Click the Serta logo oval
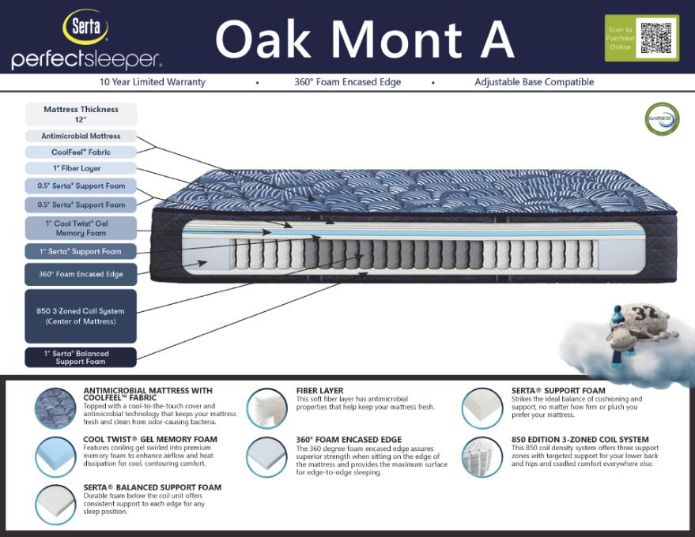86,27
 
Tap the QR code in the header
655,38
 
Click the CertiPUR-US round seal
662,120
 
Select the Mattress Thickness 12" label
81,115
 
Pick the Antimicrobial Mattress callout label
81,136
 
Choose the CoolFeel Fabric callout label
81,152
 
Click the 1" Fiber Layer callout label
81,168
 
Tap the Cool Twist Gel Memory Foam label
81,228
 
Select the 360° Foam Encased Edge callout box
81,274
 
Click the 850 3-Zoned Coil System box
81,316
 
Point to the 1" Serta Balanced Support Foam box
81,358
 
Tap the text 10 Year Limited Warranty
153,82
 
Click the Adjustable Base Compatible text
534,82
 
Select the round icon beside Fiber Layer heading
266,407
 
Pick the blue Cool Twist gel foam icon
55,456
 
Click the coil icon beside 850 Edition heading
482,456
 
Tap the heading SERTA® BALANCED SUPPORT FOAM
152,487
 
